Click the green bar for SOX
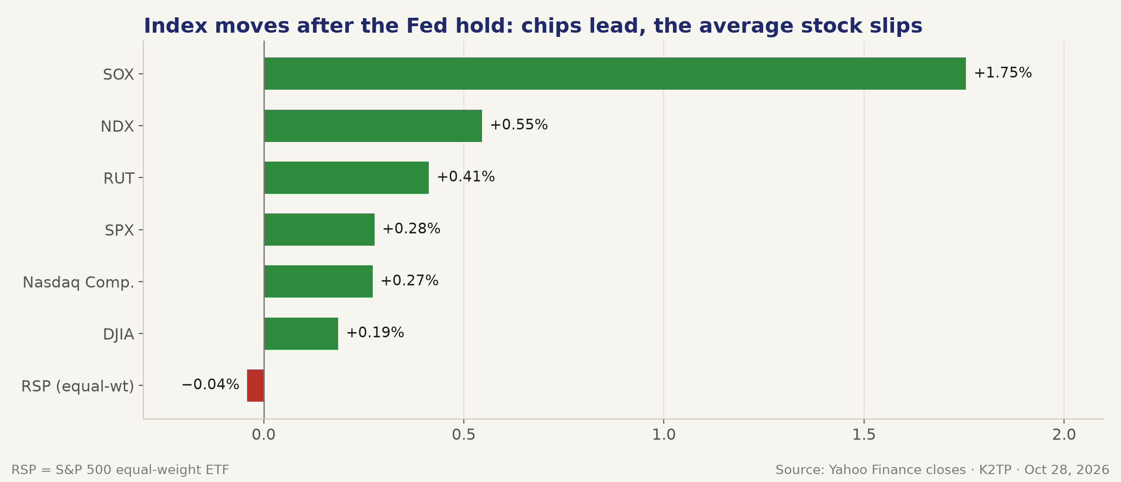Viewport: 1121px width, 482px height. pyautogui.click(x=615, y=74)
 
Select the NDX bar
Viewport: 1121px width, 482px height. pyautogui.click(x=373, y=126)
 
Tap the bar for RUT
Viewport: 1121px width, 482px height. pyautogui.click(x=347, y=177)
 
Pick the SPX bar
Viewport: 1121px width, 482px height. pyautogui.click(x=319, y=229)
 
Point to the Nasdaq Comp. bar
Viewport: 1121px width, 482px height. pyautogui.click(x=319, y=281)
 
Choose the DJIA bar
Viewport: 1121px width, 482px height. pyautogui.click(x=301, y=333)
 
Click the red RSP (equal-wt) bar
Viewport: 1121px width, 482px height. pyautogui.click(x=255, y=385)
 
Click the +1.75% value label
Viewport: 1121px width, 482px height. pyautogui.click(x=1003, y=73)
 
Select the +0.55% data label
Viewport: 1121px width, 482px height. pyautogui.click(x=519, y=125)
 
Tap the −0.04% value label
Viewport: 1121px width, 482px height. pyautogui.click(x=210, y=384)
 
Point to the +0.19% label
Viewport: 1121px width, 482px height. pyautogui.click(x=375, y=333)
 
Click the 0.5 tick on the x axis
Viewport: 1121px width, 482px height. pyautogui.click(x=464, y=435)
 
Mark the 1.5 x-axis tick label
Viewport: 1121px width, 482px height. pyautogui.click(x=864, y=435)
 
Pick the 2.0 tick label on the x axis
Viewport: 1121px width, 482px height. pyautogui.click(x=1064, y=435)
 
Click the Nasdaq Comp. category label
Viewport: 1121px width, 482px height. pyautogui.click(x=78, y=283)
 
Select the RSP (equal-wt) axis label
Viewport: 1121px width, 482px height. pyautogui.click(x=78, y=386)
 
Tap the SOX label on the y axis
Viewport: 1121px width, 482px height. pyautogui.click(x=119, y=75)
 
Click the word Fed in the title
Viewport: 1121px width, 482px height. pyautogui.click(x=426, y=26)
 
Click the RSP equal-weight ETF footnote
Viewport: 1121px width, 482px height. pyautogui.click(x=120, y=470)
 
